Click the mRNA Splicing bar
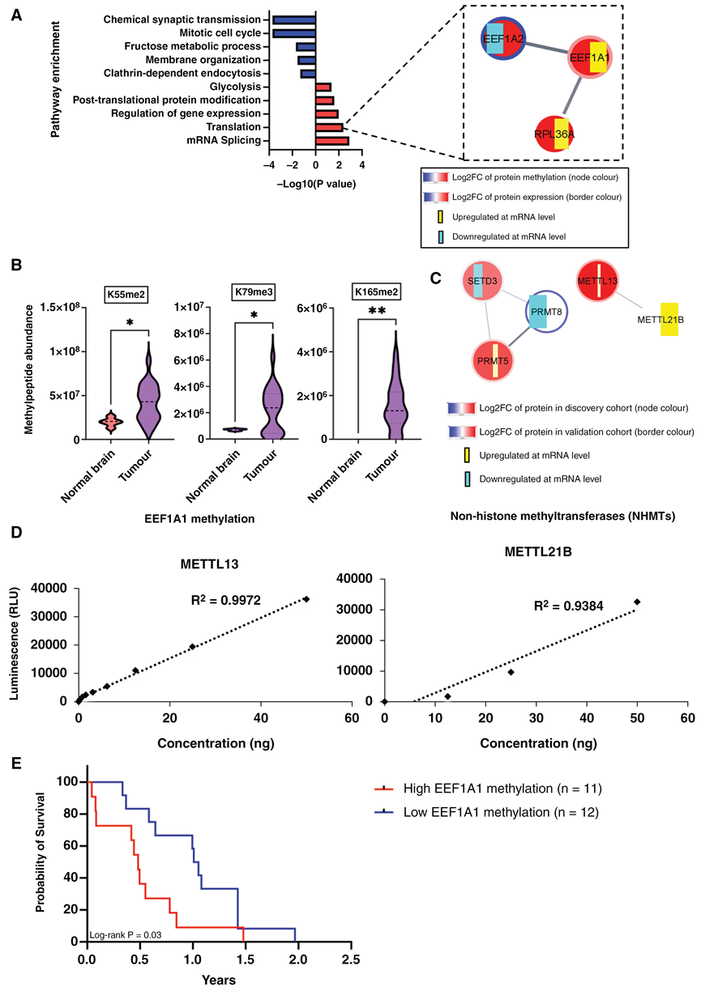331,141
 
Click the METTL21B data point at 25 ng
511,672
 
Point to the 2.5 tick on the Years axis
350,961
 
